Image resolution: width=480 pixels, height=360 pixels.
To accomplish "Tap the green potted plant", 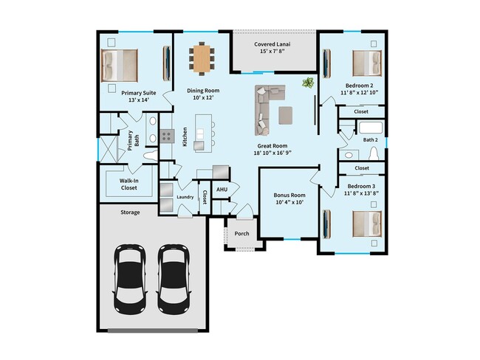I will click(x=307, y=83).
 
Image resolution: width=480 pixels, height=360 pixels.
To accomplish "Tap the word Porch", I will click(x=241, y=234).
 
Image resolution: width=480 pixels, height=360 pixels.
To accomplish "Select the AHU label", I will click(x=221, y=189).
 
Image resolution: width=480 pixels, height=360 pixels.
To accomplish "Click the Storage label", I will click(x=130, y=212).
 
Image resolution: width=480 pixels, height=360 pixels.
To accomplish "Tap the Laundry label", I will click(x=185, y=198).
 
